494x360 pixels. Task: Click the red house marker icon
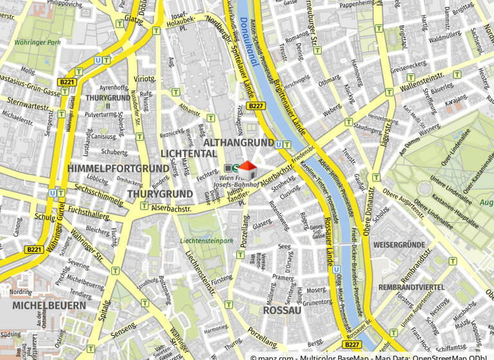pos(249,170)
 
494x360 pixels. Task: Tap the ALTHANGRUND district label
pos(239,142)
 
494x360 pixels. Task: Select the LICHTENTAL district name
pos(188,154)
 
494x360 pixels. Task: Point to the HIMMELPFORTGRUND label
pos(118,168)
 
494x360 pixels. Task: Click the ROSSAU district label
pos(282,310)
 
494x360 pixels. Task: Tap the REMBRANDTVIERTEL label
pos(411,287)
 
